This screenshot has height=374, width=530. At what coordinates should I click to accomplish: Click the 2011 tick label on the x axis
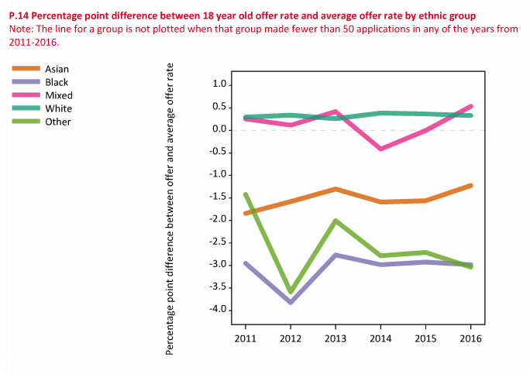tap(245, 338)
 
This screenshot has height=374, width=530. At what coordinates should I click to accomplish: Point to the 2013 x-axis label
tap(336, 338)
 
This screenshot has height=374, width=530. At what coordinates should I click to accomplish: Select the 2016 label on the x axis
tap(470, 338)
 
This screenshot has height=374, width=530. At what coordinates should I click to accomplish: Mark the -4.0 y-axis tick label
tap(217, 310)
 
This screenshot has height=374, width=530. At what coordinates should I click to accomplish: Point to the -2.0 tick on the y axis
tap(217, 220)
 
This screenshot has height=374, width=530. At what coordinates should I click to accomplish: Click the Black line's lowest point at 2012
tap(290, 302)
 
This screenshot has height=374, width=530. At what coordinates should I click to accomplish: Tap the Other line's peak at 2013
tap(335, 221)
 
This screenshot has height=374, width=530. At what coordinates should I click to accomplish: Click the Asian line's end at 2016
tap(470, 186)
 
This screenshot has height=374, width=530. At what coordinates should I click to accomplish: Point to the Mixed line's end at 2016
tap(470, 107)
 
